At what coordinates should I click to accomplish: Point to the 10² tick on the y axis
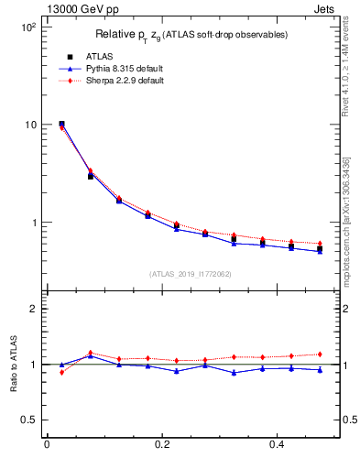(27, 27)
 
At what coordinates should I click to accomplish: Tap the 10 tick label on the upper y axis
(30, 125)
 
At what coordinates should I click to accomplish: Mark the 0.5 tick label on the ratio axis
(29, 420)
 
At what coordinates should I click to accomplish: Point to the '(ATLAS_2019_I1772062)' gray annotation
(191, 274)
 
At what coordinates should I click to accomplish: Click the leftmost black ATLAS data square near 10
(61, 124)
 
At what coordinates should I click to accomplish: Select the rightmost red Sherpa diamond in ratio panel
(320, 354)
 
